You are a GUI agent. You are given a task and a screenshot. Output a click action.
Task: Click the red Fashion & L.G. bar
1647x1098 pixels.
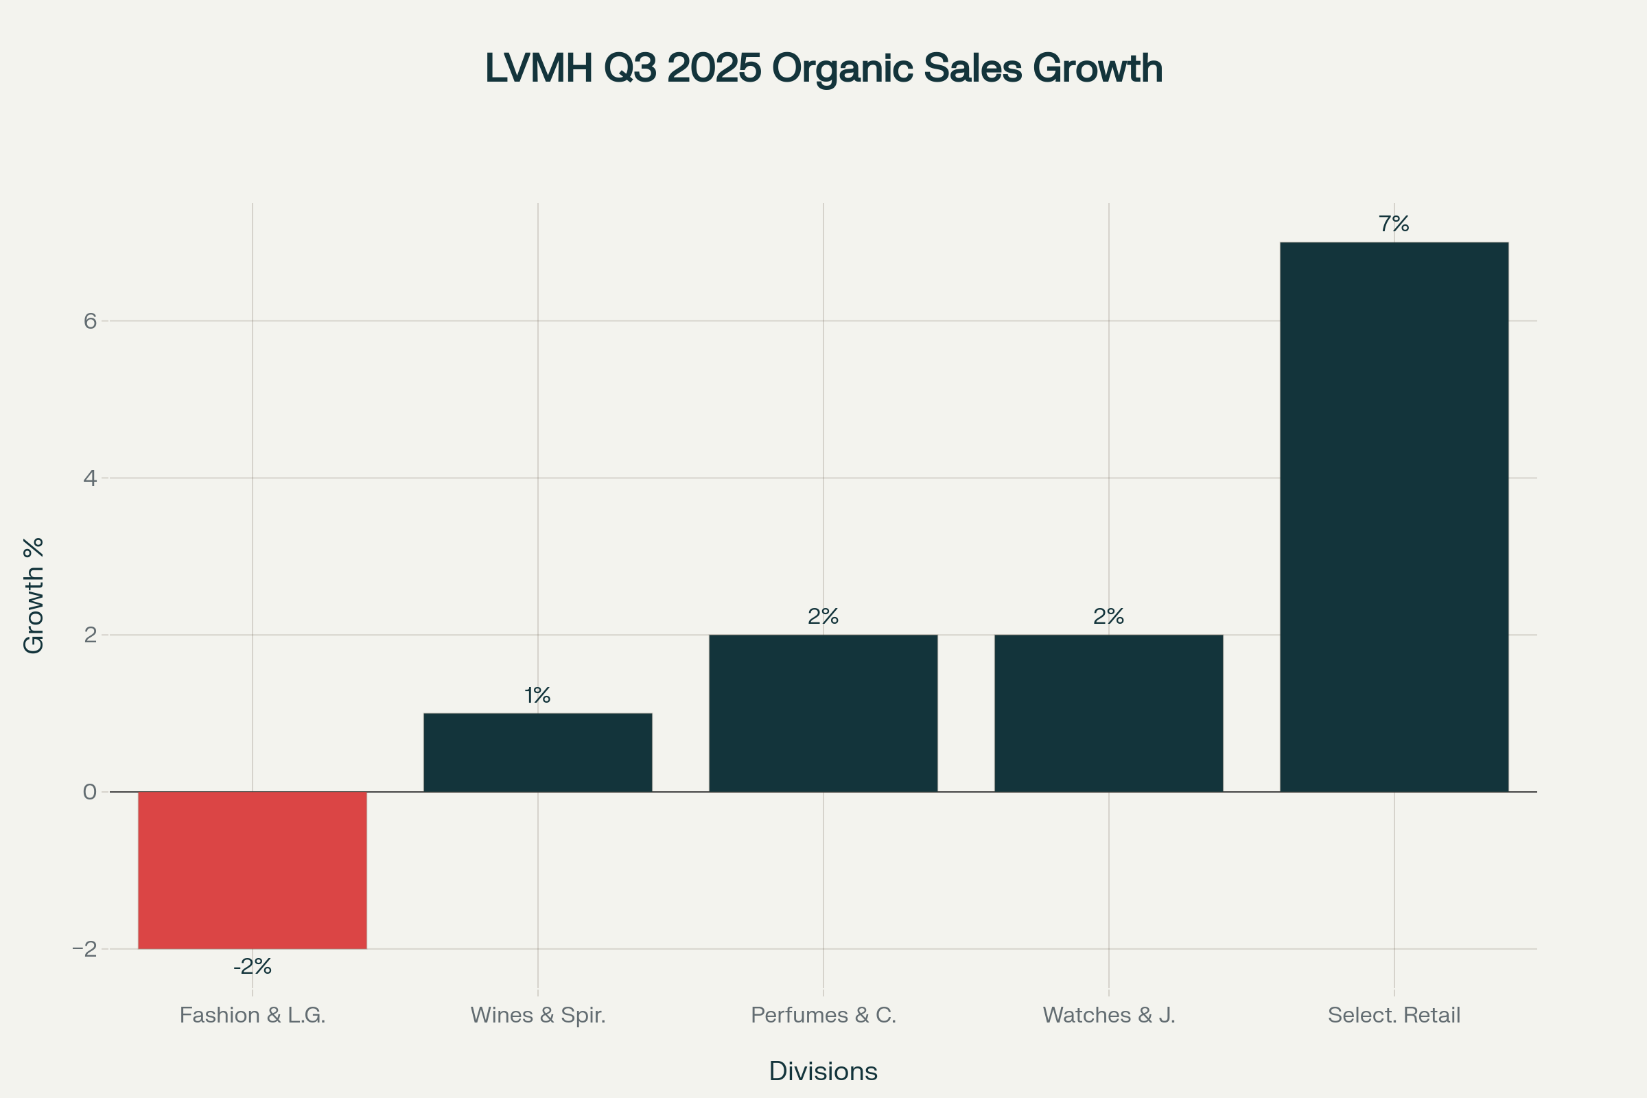tap(252, 870)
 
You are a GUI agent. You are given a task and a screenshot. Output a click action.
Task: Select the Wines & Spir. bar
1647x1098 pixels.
tap(538, 753)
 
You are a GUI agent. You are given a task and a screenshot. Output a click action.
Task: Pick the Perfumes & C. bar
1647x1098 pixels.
tap(823, 714)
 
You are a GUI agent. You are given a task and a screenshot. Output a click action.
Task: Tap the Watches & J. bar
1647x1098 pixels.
tap(1108, 714)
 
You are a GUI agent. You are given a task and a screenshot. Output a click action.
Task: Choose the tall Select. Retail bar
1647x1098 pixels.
tap(1394, 517)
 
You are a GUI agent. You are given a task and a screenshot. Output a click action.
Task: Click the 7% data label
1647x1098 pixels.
tap(1394, 224)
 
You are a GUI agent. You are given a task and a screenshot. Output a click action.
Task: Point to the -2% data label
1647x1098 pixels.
tap(252, 967)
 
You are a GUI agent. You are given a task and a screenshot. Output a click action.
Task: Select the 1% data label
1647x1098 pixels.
tap(538, 695)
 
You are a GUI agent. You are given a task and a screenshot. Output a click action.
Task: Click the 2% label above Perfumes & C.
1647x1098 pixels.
tap(823, 616)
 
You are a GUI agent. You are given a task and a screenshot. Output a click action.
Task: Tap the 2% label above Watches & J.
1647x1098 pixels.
tap(1108, 616)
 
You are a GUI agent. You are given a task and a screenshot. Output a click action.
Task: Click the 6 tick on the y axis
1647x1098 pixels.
tap(90, 321)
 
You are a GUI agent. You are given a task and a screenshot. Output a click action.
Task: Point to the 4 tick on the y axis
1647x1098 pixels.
tap(90, 478)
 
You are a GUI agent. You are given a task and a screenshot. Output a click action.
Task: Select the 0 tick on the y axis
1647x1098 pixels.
tap(90, 792)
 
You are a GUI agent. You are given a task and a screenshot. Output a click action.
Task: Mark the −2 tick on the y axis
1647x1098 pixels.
tap(84, 950)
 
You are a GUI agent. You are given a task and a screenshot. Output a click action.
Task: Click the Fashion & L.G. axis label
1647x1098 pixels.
tap(252, 1016)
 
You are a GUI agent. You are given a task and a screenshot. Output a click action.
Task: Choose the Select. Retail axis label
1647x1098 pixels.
tap(1394, 1016)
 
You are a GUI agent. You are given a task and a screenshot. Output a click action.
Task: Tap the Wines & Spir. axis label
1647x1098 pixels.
tap(538, 1016)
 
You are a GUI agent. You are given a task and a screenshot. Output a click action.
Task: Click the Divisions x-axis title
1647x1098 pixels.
tap(823, 1071)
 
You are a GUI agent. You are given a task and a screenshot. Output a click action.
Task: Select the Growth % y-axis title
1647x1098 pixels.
tap(34, 596)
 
